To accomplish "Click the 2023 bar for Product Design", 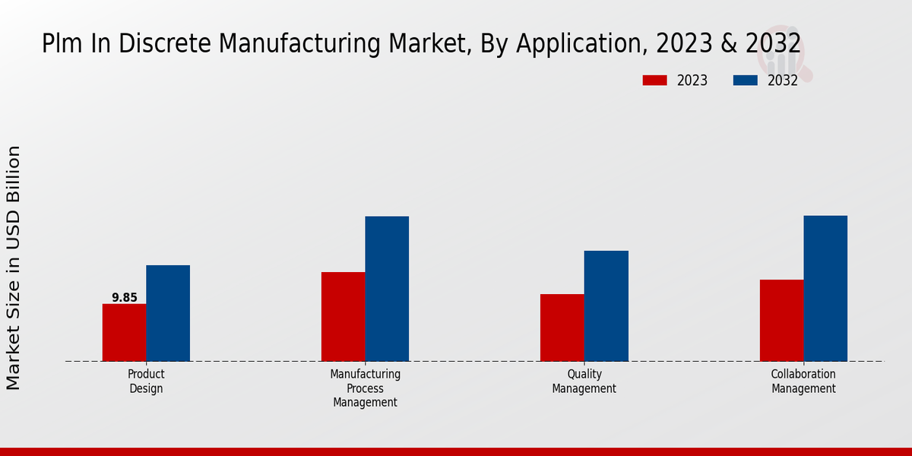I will pyautogui.click(x=124, y=332).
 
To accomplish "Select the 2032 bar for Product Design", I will pyautogui.click(x=168, y=313).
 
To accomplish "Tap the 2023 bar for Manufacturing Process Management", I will pyautogui.click(x=343, y=316).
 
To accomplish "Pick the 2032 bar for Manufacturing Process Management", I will pyautogui.click(x=387, y=289).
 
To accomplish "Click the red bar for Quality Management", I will pyautogui.click(x=562, y=328).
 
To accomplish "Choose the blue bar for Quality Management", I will pyautogui.click(x=606, y=306).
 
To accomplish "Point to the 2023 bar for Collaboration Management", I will pyautogui.click(x=781, y=320).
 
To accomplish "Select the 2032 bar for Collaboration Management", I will pyautogui.click(x=825, y=288).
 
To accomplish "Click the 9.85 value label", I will pyautogui.click(x=125, y=298).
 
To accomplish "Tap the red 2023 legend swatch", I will pyautogui.click(x=654, y=81).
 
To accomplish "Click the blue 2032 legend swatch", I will pyautogui.click(x=745, y=81).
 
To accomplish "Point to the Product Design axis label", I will pyautogui.click(x=146, y=382).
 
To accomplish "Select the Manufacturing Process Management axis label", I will pyautogui.click(x=365, y=388).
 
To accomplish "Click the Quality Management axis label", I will pyautogui.click(x=584, y=382).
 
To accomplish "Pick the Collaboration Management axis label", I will pyautogui.click(x=803, y=382).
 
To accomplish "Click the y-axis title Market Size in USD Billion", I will pyautogui.click(x=14, y=268).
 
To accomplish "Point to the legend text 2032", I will pyautogui.click(x=783, y=81).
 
